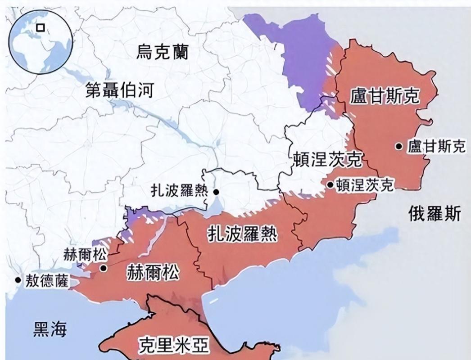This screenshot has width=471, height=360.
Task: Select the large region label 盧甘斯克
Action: (385, 96)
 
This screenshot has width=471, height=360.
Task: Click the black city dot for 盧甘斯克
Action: (399, 146)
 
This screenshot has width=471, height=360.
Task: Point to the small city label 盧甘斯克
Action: (436, 146)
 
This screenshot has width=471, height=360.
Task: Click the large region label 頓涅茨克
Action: (327, 160)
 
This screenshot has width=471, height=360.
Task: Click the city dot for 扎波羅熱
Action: (216, 192)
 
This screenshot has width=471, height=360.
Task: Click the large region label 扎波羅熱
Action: (242, 234)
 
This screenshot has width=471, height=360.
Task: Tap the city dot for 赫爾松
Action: (103, 268)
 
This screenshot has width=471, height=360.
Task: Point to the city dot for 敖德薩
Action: (18, 280)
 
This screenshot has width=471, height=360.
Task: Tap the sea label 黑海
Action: (50, 330)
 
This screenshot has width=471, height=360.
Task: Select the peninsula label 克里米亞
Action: (173, 345)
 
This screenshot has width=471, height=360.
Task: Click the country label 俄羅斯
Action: (435, 213)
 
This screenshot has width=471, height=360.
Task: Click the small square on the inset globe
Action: (41, 27)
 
